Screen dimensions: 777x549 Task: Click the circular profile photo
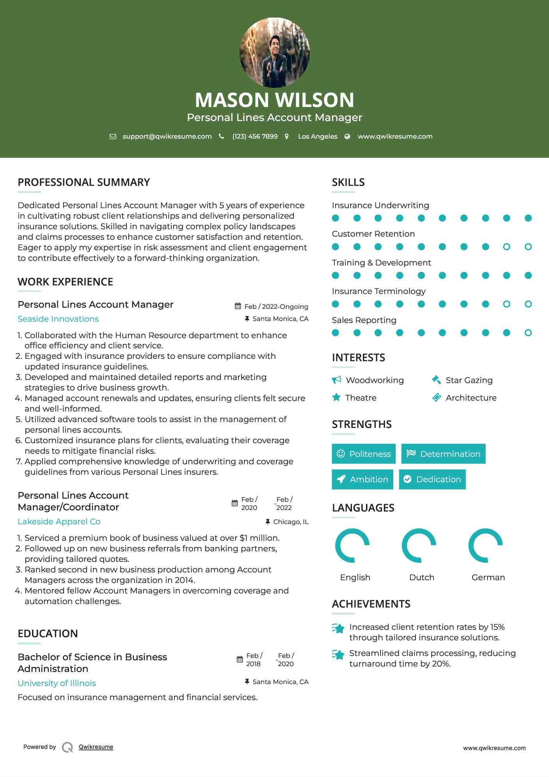274,52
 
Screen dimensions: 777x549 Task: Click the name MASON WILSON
274,100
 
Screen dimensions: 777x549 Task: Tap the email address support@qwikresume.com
167,136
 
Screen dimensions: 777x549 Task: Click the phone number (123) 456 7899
255,136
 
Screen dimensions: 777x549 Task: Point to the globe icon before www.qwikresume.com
347,136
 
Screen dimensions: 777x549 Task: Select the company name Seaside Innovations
58,319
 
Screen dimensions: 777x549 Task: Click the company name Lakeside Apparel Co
59,522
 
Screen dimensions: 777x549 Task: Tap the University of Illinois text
57,683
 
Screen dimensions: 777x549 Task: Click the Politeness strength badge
364,454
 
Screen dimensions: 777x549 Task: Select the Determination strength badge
443,454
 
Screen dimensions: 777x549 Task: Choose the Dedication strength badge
432,479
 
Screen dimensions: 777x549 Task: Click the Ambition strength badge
362,479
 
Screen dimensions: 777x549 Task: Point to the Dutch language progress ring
419,545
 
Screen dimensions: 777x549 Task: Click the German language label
488,577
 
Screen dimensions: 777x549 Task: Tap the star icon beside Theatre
336,397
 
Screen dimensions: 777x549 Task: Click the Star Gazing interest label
469,380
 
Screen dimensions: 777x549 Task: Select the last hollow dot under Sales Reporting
528,333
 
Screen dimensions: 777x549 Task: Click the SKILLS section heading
348,182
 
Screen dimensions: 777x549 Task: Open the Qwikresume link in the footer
96,747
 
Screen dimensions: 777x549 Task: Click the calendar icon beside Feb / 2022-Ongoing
238,306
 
